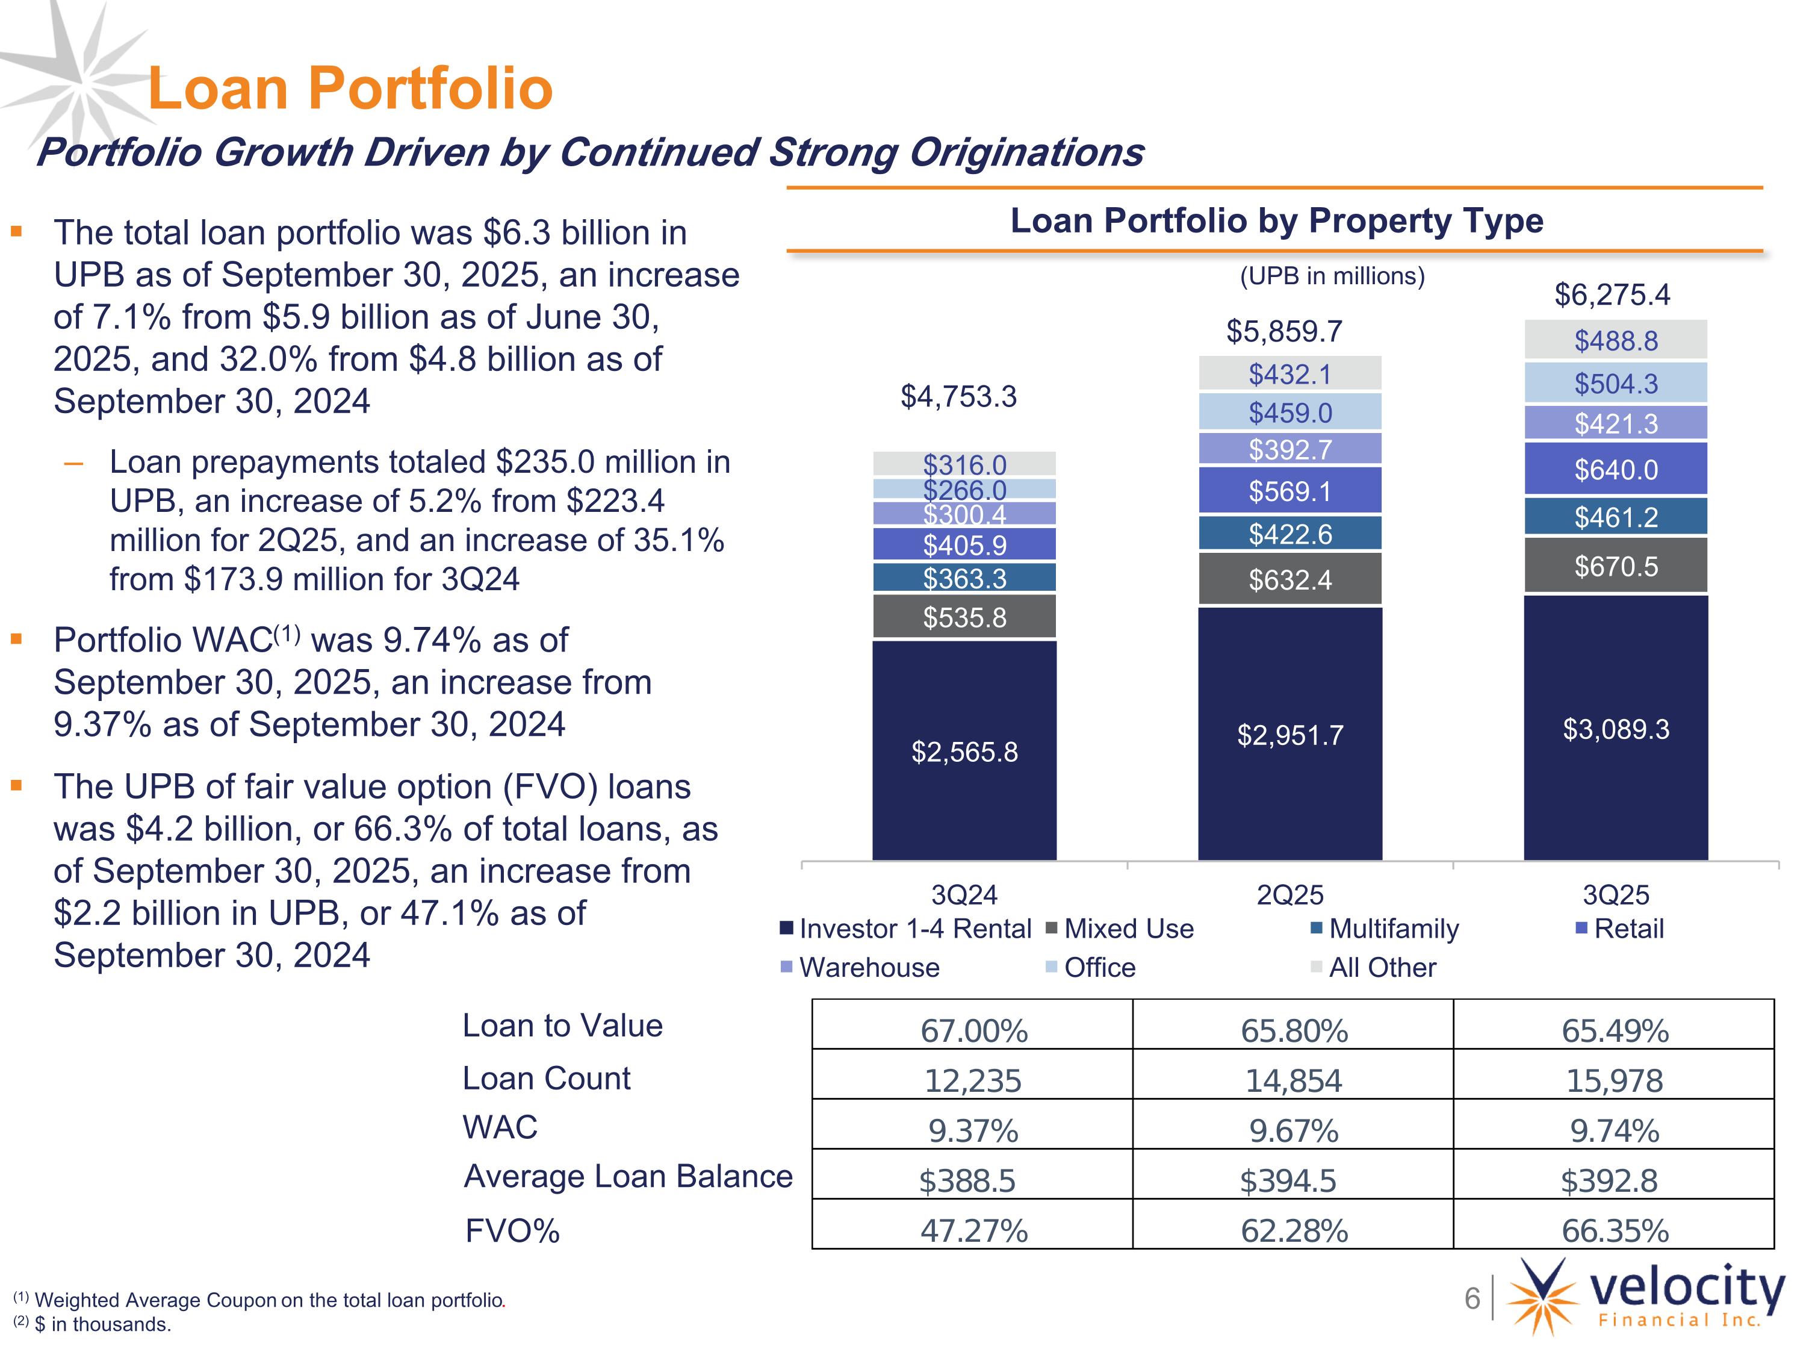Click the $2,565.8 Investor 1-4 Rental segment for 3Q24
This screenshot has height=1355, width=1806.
[x=964, y=750]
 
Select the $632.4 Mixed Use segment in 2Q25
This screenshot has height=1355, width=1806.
[x=1290, y=580]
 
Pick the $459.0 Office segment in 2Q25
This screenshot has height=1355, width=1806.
[x=1290, y=413]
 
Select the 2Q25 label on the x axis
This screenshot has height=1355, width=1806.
[x=1290, y=895]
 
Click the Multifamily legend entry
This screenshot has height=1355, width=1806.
[x=1393, y=929]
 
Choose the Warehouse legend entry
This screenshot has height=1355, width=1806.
[x=869, y=967]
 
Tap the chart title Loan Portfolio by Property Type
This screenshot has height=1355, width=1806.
[x=1276, y=220]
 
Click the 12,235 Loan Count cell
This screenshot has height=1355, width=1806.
[x=972, y=1080]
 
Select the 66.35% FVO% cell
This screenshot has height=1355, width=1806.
[x=1614, y=1230]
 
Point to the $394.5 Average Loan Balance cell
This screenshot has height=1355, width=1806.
[x=1288, y=1180]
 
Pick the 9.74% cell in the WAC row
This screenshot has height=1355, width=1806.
[x=1614, y=1130]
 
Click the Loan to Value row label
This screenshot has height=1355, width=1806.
[x=562, y=1026]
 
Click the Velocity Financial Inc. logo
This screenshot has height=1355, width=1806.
[x=1645, y=1298]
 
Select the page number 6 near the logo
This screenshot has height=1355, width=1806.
[x=1472, y=1298]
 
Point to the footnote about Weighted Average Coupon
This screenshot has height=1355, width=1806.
[x=261, y=1300]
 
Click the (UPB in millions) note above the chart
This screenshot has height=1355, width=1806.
[x=1332, y=276]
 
